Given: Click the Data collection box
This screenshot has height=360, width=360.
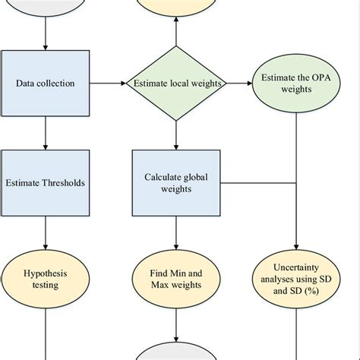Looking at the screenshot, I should pos(46,83).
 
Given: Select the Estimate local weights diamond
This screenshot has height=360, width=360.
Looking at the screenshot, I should pos(176,84).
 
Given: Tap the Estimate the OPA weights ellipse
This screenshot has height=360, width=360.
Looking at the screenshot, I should pos(295,83).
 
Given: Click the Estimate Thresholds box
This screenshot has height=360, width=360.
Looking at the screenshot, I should pos(46,182).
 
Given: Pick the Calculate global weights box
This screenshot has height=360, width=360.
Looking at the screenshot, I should pos(176,182).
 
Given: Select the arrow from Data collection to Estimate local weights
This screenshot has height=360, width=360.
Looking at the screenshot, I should pos(108,84).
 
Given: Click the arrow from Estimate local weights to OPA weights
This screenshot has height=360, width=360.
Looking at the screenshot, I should pos(239,84).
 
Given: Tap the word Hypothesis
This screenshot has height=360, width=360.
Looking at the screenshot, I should pos(46,273).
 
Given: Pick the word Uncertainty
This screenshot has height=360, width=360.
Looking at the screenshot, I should pos(295,267).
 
